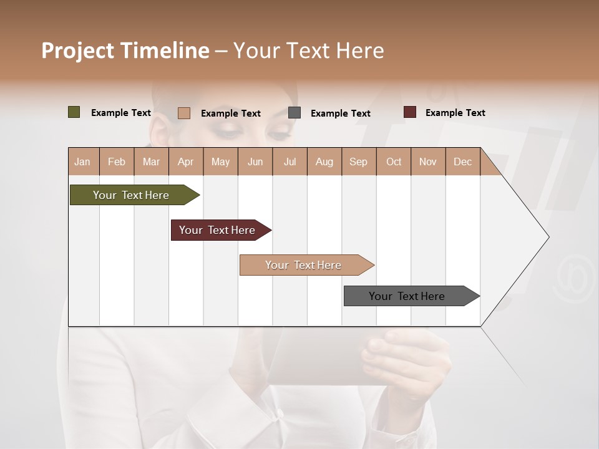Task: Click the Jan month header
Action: (82, 162)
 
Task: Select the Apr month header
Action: (186, 162)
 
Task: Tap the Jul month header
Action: (290, 162)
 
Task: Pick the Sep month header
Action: (358, 162)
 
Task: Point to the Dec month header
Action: (462, 162)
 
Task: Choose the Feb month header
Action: (117, 162)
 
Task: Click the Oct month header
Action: (394, 162)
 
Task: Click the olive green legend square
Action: (74, 112)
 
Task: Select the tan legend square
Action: (183, 113)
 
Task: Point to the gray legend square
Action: (295, 113)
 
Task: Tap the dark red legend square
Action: (409, 112)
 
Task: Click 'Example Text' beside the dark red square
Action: (455, 113)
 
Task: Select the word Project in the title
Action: (77, 51)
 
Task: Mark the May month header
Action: (220, 162)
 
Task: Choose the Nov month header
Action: (428, 162)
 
